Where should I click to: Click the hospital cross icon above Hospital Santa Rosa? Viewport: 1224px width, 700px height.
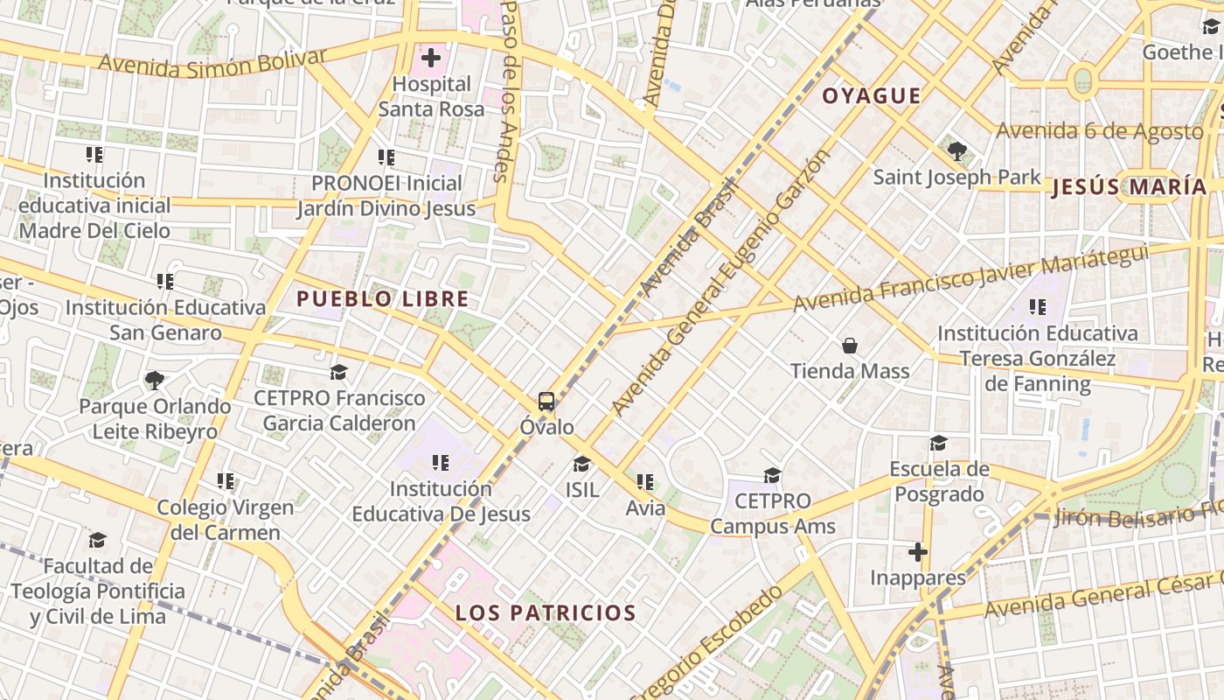tap(430, 59)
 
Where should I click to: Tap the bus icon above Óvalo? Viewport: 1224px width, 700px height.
tap(546, 402)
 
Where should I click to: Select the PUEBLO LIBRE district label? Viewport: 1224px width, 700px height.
tap(382, 299)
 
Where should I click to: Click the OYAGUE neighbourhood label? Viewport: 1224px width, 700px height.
tap(871, 96)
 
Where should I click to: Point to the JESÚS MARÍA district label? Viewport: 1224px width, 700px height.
tap(1129, 186)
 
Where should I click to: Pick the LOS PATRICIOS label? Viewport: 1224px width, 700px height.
tap(545, 612)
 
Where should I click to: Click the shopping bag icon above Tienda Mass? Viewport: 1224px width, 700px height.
tap(849, 346)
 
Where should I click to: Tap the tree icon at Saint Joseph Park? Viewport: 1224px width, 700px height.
tap(957, 151)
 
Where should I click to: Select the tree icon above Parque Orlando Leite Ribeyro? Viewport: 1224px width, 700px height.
tap(155, 380)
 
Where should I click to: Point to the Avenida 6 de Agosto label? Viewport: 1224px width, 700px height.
tap(1100, 131)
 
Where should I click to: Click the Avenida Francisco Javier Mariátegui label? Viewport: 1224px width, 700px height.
tap(970, 277)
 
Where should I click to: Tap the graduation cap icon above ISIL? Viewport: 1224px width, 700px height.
tap(581, 464)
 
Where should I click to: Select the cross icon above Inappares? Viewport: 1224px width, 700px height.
tap(917, 552)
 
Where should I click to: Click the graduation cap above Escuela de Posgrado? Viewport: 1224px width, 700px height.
tap(939, 444)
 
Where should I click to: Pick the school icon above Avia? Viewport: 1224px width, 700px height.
tap(645, 481)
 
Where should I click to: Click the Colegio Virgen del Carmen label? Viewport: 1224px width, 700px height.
tap(226, 520)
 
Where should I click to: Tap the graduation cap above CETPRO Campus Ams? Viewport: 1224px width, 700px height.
tap(772, 475)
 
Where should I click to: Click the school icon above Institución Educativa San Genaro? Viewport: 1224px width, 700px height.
tap(165, 282)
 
